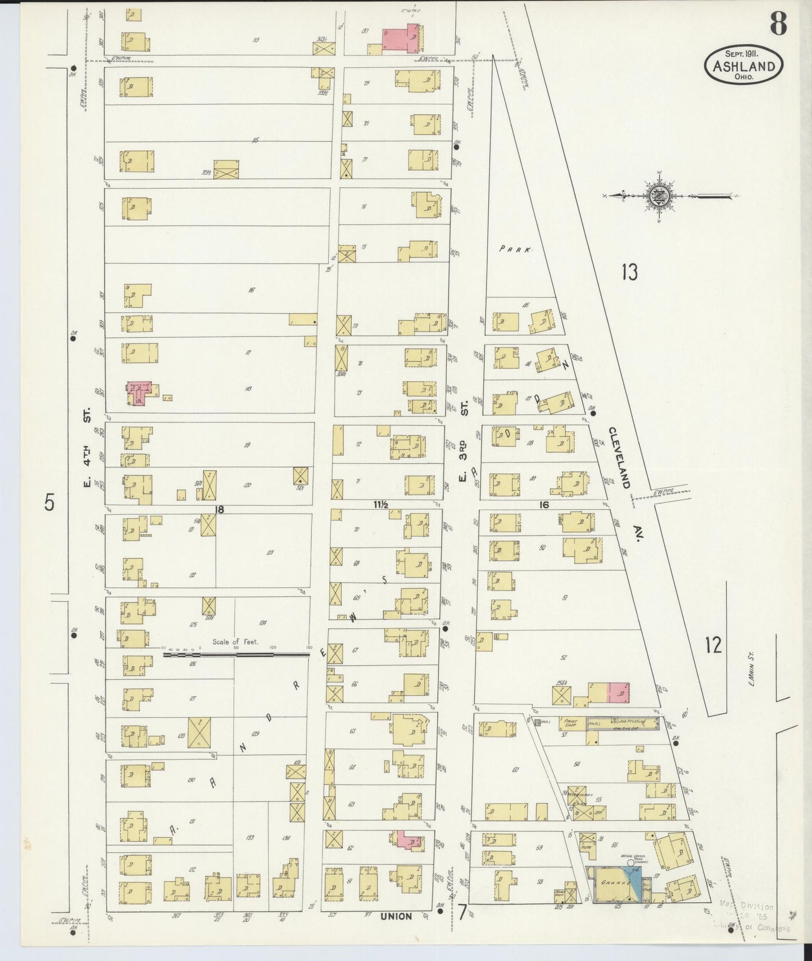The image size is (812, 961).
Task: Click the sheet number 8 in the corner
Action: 778,24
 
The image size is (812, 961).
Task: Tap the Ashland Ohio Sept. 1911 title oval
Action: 743,66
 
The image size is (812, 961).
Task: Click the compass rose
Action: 656,196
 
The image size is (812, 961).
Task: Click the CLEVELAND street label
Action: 620,457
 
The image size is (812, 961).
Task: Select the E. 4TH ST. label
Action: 88,450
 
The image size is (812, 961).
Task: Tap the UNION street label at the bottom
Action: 396,917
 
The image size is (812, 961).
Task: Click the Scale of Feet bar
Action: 236,654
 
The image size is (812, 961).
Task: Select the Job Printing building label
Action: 633,721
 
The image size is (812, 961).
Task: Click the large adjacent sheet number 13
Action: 629,273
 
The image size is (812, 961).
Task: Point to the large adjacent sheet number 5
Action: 49,502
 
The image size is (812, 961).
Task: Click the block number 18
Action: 219,509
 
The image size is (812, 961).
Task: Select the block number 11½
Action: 381,505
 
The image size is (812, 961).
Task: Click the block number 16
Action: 543,505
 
